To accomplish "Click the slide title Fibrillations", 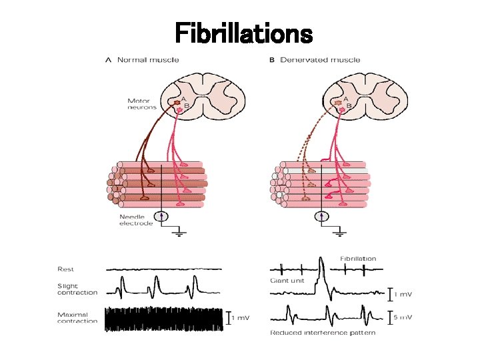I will pyautogui.click(x=243, y=33).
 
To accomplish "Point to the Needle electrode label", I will pyautogui.click(x=136, y=220).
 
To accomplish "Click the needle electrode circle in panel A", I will pyautogui.click(x=161, y=216).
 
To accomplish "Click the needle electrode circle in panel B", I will pyautogui.click(x=322, y=216).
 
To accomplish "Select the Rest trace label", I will pyautogui.click(x=65, y=269).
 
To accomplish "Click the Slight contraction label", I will pyautogui.click(x=77, y=289).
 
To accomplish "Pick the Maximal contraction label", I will pyautogui.click(x=77, y=318).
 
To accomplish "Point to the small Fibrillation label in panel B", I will pyautogui.click(x=358, y=259).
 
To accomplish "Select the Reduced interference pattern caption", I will pyautogui.click(x=322, y=332).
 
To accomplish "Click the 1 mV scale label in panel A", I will pyautogui.click(x=240, y=319).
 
